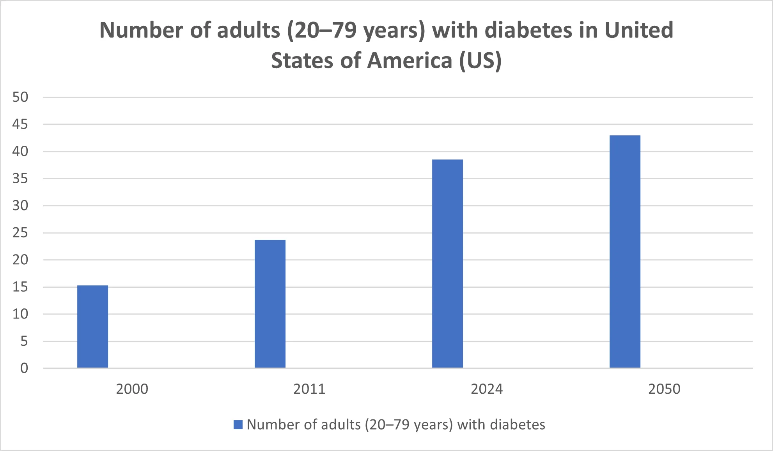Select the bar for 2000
[92, 327]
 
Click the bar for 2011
[270, 304]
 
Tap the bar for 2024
[447, 264]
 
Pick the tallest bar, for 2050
[625, 251]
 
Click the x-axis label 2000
[132, 389]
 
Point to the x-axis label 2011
[309, 389]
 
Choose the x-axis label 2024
[487, 389]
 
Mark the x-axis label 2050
[664, 389]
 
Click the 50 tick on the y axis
[20, 97]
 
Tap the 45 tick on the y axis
[20, 124]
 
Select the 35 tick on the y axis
[20, 179]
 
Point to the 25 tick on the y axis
[20, 233]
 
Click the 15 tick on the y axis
[20, 287]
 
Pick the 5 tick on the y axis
[24, 341]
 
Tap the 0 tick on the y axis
[24, 368]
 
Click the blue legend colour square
[238, 424]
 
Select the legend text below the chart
[396, 424]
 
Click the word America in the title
[410, 61]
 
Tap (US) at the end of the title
[480, 61]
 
